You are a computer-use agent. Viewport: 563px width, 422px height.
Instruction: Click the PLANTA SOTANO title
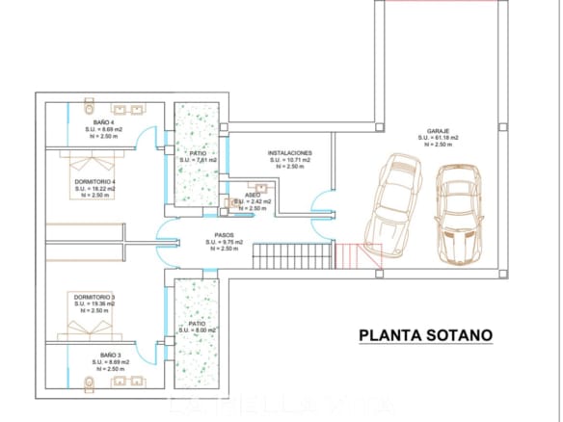pos(425,335)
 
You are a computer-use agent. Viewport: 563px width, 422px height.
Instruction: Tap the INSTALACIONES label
pos(289,153)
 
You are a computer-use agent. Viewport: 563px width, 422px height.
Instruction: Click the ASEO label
pos(254,195)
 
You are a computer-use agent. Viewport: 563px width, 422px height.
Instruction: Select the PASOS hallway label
pos(224,235)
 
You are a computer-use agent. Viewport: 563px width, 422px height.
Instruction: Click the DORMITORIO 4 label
pos(95,182)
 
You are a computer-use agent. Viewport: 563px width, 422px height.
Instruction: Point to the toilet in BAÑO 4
pos(89,103)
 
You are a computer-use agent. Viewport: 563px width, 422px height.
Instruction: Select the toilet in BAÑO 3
pos(89,383)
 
